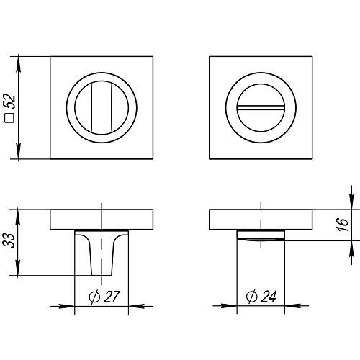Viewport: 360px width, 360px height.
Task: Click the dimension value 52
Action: click(x=9, y=102)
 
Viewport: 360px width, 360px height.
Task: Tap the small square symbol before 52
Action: click(x=9, y=118)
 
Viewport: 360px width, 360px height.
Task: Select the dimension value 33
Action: click(x=9, y=240)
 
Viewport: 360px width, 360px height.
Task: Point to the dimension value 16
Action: click(x=342, y=225)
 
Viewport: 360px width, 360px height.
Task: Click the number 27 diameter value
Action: click(x=112, y=297)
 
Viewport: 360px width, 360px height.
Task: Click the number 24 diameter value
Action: click(x=269, y=297)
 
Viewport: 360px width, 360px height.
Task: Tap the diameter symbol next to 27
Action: click(x=94, y=297)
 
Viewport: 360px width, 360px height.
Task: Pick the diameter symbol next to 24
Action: click(x=252, y=297)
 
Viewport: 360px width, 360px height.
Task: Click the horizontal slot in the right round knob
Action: click(x=261, y=107)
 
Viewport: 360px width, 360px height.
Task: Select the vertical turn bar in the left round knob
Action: click(x=102, y=107)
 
